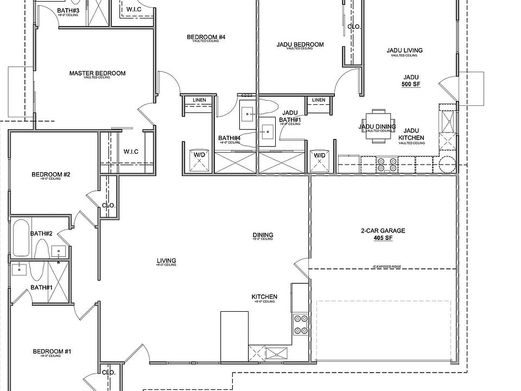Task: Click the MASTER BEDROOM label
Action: click(x=97, y=73)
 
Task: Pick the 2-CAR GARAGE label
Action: click(x=383, y=231)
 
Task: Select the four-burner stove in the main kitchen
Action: click(x=301, y=324)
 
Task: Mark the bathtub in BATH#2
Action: click(x=21, y=238)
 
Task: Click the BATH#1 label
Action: click(x=41, y=287)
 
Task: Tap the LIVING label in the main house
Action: click(x=166, y=261)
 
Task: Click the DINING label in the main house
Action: click(x=263, y=235)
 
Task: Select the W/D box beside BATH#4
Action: click(x=199, y=159)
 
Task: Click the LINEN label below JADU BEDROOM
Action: click(x=319, y=100)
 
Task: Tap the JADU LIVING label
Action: click(x=404, y=51)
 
